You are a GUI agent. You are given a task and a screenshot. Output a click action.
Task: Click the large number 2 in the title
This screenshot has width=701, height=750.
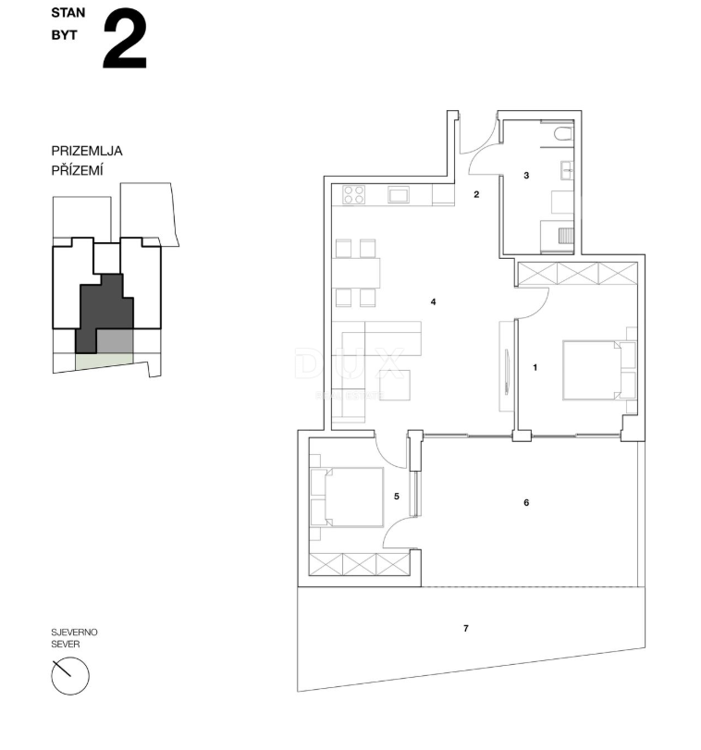point(124,41)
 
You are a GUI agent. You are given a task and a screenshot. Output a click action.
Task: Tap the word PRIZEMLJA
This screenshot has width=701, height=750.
point(88,151)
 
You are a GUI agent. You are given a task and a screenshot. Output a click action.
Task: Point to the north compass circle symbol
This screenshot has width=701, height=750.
point(70,677)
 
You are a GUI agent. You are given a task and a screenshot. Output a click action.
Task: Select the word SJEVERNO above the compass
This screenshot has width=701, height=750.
point(74,633)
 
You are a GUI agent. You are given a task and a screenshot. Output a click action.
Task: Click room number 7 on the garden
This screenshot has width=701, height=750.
point(465,629)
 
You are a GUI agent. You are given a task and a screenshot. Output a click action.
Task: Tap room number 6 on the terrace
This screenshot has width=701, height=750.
point(526,503)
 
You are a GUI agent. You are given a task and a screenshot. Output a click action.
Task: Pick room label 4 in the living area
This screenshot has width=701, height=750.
point(432,301)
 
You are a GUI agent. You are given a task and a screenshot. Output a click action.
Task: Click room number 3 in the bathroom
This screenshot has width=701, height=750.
point(526,175)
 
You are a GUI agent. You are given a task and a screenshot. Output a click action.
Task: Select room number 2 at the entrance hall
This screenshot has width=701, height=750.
point(476,194)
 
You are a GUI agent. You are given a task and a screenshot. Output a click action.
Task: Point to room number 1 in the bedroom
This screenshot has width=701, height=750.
point(535,367)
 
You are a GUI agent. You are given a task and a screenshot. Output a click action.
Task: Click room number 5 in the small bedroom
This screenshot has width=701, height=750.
point(397,497)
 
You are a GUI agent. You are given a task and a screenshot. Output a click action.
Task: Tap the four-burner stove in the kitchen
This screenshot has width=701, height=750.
point(354,194)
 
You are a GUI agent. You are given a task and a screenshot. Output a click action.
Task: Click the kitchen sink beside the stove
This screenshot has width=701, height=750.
point(398,194)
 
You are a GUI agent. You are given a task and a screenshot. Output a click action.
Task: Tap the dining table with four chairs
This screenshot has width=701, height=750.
point(356,273)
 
